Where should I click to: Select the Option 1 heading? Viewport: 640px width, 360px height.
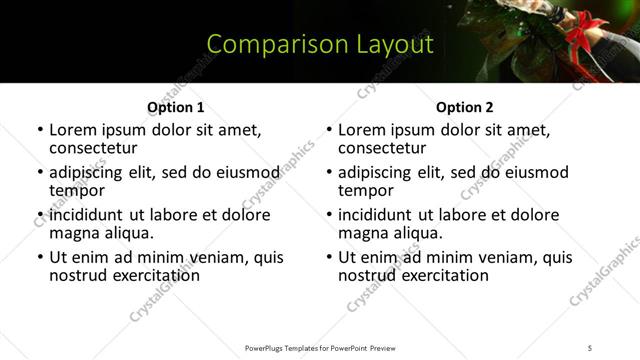175,107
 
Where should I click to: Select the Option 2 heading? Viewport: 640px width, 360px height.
464,107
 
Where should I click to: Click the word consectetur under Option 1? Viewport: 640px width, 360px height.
91,148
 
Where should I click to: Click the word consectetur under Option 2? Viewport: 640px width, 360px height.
380,148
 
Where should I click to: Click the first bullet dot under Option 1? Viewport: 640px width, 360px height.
40,131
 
